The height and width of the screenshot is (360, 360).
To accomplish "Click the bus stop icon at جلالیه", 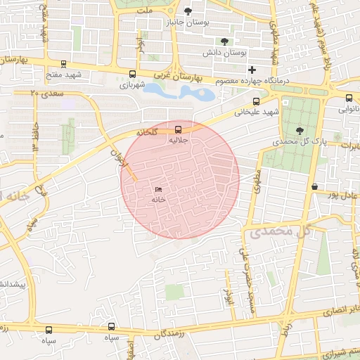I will coord(177,129).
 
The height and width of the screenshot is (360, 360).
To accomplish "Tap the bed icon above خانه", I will coord(157,189).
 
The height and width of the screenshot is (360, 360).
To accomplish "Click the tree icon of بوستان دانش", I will coord(224,41).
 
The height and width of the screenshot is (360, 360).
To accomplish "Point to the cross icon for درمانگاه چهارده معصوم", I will coord(252,70).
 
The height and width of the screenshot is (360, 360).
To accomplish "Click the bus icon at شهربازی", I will coord(133,74).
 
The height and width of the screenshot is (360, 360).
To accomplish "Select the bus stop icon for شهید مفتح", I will coord(64,64).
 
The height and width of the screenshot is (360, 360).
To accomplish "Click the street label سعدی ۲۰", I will coord(47,92).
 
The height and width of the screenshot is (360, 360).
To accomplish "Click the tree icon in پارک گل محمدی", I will coord(300,130).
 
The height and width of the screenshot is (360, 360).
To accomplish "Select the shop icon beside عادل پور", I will coord(314,186).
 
